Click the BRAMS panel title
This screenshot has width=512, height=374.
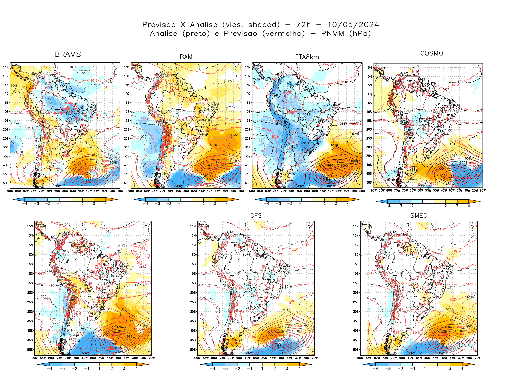(68, 54)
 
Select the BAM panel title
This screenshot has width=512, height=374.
(186, 57)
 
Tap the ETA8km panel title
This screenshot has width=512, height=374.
(307, 57)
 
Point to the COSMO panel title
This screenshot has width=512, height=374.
(431, 53)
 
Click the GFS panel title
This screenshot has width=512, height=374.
(256, 216)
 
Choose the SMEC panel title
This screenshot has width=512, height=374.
(419, 216)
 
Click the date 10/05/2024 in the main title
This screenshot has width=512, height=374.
(353, 25)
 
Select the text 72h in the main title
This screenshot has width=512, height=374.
(303, 25)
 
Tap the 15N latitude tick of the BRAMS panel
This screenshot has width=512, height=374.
(6, 67)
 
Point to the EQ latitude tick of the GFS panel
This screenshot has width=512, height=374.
(194, 254)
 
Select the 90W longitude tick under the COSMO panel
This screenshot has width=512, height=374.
(374, 190)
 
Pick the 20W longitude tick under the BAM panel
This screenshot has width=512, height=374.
(241, 191)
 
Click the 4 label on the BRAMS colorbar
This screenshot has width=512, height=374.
(106, 204)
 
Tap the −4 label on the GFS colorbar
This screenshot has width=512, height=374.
(213, 369)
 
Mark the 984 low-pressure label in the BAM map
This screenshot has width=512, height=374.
(209, 179)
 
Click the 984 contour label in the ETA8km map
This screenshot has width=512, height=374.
(330, 180)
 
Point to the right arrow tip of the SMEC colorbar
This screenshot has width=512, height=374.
(474, 364)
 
